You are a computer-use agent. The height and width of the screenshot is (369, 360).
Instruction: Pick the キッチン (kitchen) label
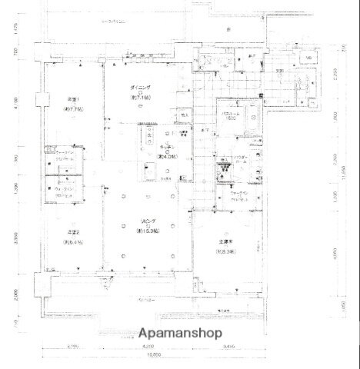167,148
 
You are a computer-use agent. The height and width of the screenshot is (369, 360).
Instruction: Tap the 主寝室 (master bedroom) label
225,244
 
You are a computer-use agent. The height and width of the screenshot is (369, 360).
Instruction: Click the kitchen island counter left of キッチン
146,138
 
